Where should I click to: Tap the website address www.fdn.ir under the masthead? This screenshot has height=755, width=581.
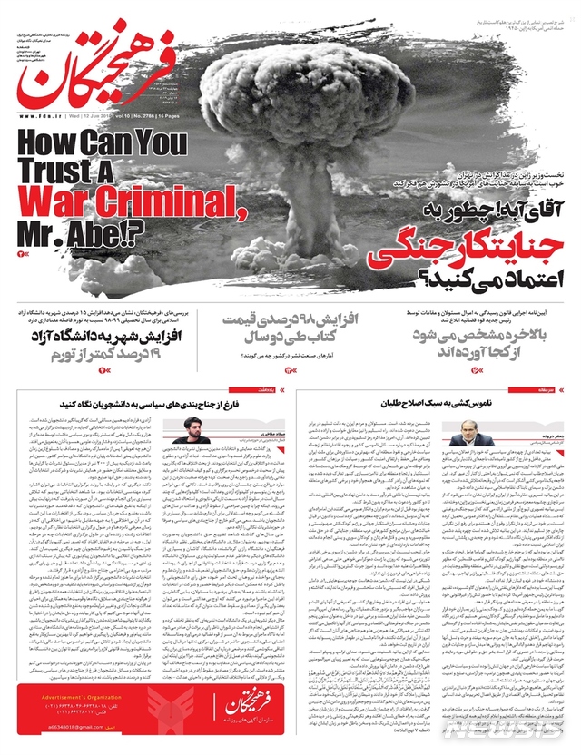tap(39, 116)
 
